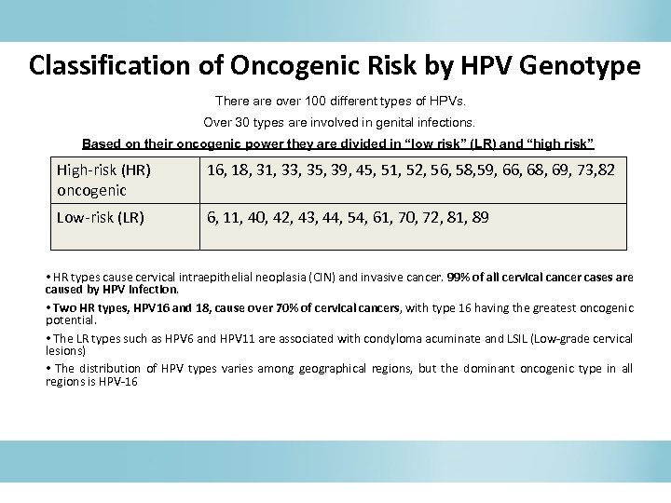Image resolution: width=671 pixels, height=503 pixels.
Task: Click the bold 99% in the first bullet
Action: point(460,278)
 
